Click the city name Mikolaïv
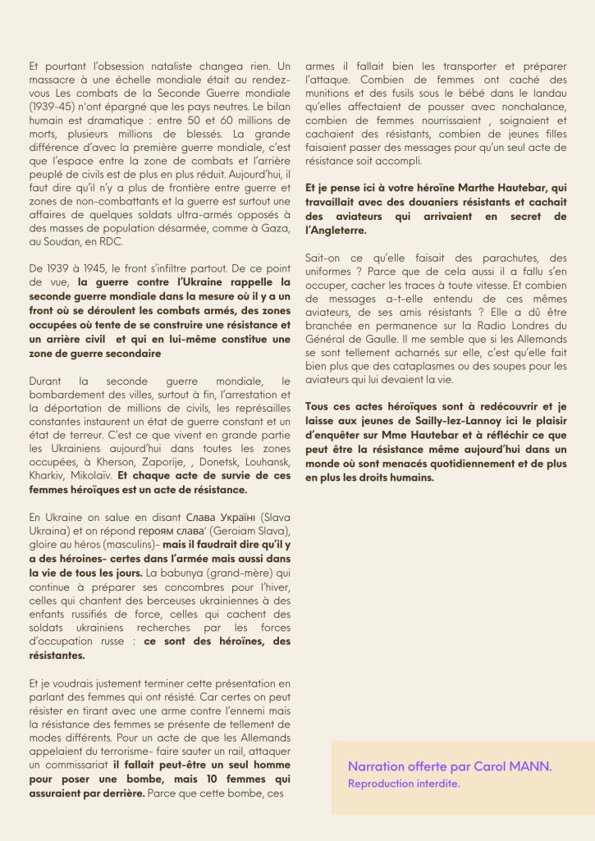91,475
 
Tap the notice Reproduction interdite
403,784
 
